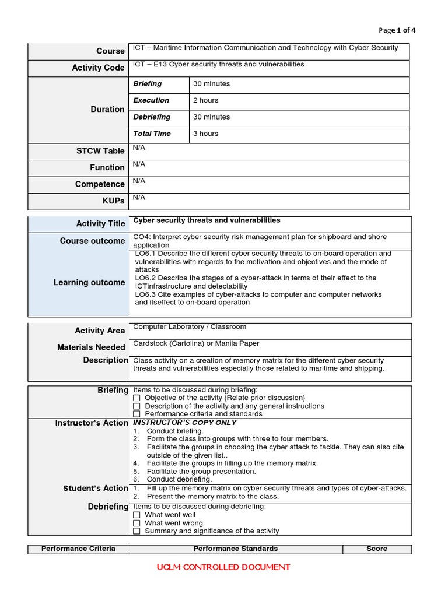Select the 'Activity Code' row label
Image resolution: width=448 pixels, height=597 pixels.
[x=98, y=68]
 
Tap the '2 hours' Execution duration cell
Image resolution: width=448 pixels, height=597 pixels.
[x=205, y=100]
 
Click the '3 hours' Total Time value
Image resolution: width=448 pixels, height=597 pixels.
[x=205, y=134]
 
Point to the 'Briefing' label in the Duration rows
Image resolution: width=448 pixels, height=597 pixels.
[x=148, y=84]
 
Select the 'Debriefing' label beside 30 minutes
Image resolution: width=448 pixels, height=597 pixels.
[x=152, y=117]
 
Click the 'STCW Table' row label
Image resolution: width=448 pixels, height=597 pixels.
[x=101, y=150]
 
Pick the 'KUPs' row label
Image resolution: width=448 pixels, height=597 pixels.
[x=113, y=201]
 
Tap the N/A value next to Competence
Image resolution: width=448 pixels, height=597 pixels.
[x=139, y=181]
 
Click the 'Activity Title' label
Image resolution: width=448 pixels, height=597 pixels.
[x=100, y=223]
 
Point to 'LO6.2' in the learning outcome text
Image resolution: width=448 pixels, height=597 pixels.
[x=145, y=278]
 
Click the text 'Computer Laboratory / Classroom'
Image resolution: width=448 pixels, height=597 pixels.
[x=190, y=327]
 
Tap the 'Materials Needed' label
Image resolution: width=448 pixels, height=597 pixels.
[x=91, y=347]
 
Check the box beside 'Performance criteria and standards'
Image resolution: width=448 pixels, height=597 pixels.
[x=136, y=414]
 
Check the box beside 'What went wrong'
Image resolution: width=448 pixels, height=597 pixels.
[x=136, y=523]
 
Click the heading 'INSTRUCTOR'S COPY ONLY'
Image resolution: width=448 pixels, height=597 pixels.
[x=185, y=422]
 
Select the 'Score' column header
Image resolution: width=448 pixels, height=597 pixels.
[x=377, y=549]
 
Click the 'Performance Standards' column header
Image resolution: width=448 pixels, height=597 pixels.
[x=236, y=549]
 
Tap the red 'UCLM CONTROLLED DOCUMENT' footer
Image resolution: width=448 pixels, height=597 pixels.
[x=223, y=567]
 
